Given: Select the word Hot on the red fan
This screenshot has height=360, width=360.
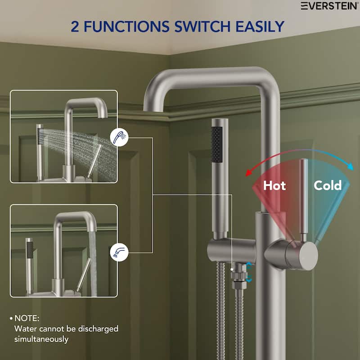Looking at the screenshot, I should point(274,185).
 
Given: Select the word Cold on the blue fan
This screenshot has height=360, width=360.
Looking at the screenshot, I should point(328,185).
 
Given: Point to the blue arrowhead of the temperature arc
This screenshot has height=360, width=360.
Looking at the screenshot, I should point(351,166).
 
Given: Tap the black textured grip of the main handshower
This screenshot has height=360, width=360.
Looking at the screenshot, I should point(216,144).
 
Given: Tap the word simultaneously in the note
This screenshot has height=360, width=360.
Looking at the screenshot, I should point(41,339).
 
